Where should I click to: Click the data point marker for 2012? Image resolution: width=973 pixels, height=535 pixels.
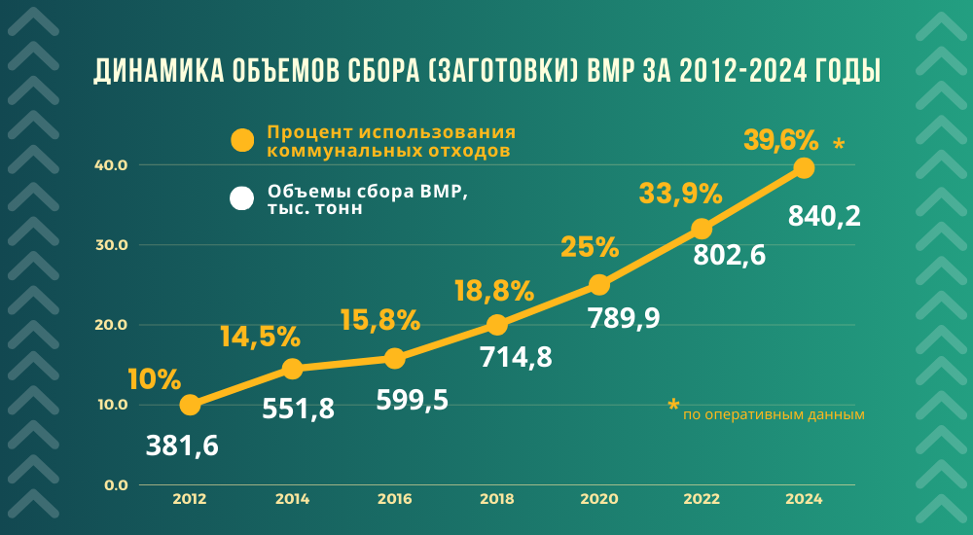click(190, 405)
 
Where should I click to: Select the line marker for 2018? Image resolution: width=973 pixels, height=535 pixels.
click(496, 325)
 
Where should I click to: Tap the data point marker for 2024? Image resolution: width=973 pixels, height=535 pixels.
click(804, 168)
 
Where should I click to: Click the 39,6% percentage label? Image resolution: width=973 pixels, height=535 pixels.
click(780, 140)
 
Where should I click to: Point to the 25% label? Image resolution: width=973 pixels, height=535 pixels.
click(590, 246)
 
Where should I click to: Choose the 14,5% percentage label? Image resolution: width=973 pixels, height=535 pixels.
click(260, 337)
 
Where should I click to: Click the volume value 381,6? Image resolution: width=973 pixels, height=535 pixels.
click(182, 446)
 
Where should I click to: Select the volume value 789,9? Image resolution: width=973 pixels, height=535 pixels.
click(624, 317)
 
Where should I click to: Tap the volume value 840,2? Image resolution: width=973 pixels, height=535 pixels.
click(824, 215)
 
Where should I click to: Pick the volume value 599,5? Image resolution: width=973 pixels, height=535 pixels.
click(413, 399)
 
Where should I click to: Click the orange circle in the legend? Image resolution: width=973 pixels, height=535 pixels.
click(242, 140)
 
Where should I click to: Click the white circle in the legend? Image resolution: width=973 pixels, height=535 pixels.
click(242, 199)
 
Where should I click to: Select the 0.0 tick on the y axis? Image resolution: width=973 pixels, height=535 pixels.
click(116, 484)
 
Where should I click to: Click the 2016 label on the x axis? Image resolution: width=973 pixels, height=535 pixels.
click(394, 499)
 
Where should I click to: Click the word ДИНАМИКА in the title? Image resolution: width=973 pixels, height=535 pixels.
click(156, 72)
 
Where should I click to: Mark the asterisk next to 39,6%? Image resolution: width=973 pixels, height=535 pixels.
click(839, 146)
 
